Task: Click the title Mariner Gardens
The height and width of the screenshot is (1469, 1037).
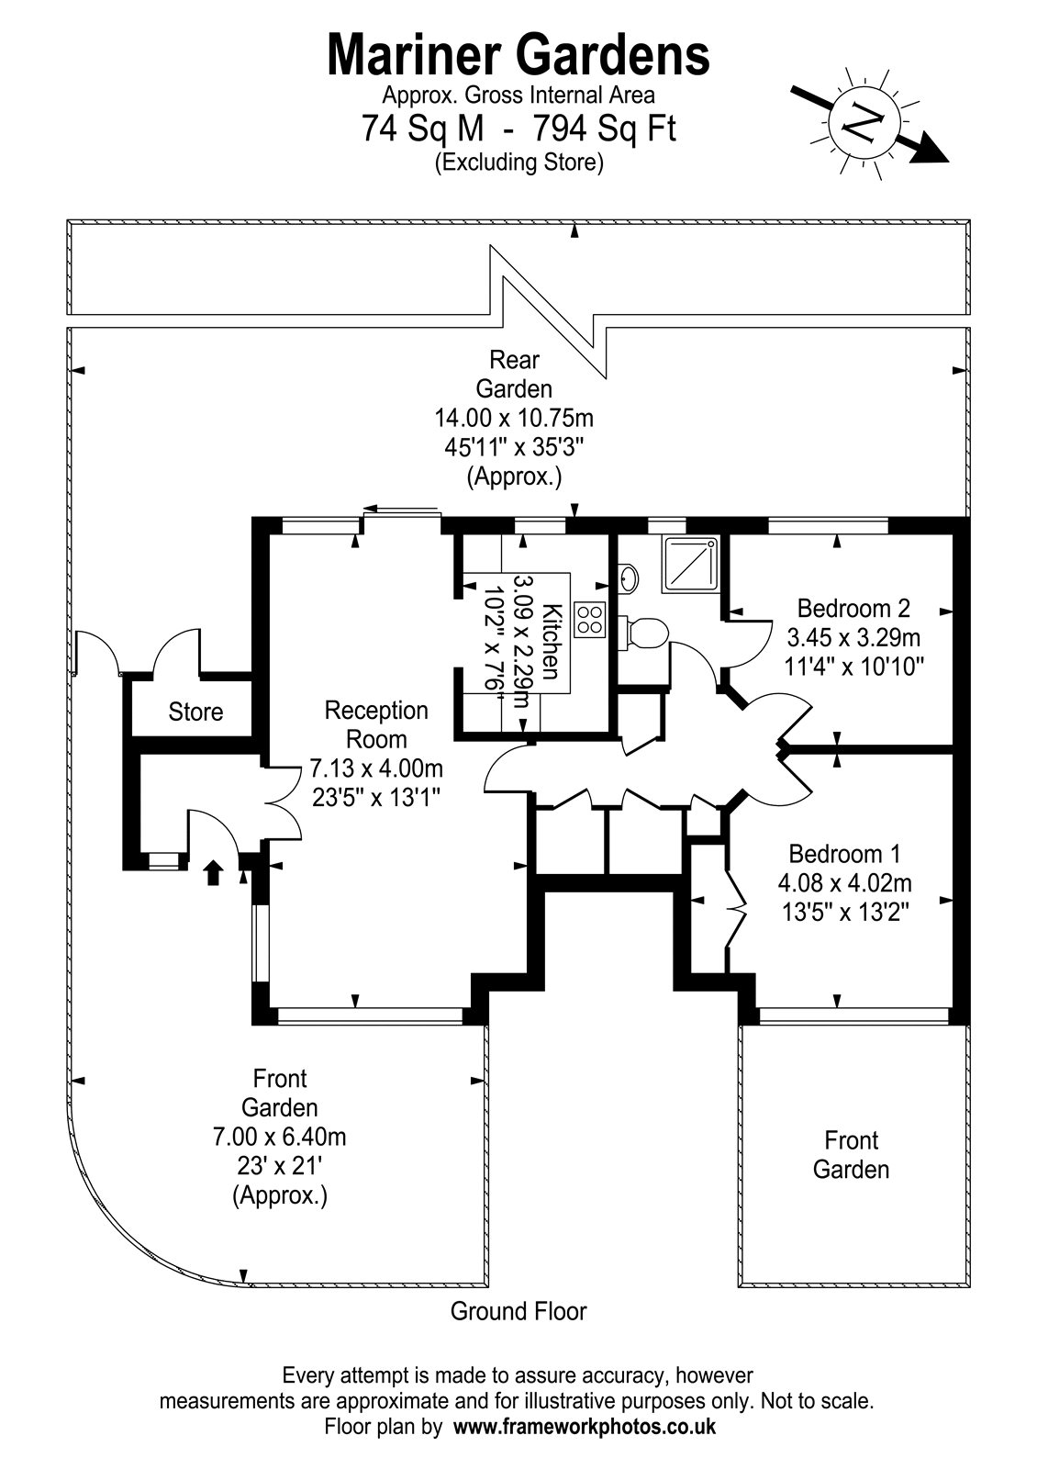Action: [x=518, y=54]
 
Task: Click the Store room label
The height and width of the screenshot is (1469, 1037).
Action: [x=195, y=712]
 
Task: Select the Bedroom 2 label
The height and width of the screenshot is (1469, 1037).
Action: [x=853, y=608]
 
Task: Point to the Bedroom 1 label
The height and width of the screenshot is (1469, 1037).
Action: [x=844, y=854]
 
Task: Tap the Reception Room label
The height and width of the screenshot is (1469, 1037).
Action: [x=376, y=724]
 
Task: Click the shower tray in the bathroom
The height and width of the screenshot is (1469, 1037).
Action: [x=692, y=565]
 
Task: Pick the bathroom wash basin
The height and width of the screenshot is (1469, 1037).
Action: [x=628, y=578]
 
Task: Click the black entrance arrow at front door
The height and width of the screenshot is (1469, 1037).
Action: [x=213, y=871]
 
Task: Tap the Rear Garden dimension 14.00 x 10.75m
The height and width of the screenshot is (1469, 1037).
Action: [x=514, y=419]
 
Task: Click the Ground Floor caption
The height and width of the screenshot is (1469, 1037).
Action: [x=518, y=1311]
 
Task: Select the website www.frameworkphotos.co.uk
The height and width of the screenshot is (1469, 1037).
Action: [x=585, y=1427]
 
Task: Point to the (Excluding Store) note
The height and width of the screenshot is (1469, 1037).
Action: [x=518, y=163]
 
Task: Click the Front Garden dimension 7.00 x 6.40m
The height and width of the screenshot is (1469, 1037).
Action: [x=279, y=1137]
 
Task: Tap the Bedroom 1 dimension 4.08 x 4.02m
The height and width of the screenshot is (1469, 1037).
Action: [x=844, y=883]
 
